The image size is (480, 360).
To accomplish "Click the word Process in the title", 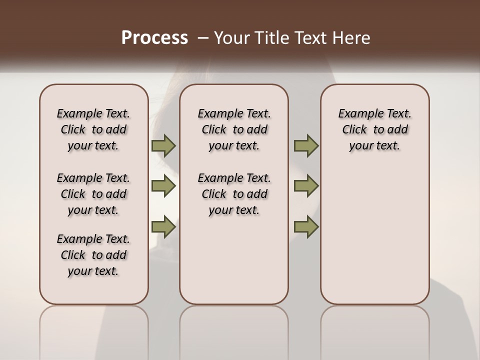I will [154, 38].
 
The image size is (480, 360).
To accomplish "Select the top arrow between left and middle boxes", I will [163, 145].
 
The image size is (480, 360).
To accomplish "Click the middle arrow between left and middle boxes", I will [163, 186].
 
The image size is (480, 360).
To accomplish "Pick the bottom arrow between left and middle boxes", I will [163, 226].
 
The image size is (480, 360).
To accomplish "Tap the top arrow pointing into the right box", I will [306, 145].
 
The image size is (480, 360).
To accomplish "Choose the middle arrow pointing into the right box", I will [306, 186].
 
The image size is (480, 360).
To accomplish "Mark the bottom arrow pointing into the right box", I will [306, 226].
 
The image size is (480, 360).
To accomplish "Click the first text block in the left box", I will [93, 129].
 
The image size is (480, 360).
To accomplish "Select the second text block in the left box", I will [93, 194].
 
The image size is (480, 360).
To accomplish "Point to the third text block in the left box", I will [93, 255].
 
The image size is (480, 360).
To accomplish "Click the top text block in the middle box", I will [234, 129].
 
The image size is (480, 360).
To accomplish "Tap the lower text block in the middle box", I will [234, 194].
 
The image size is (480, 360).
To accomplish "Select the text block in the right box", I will [375, 129].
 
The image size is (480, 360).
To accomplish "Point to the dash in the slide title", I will [203, 38].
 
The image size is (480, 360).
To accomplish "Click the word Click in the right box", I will [354, 129].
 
